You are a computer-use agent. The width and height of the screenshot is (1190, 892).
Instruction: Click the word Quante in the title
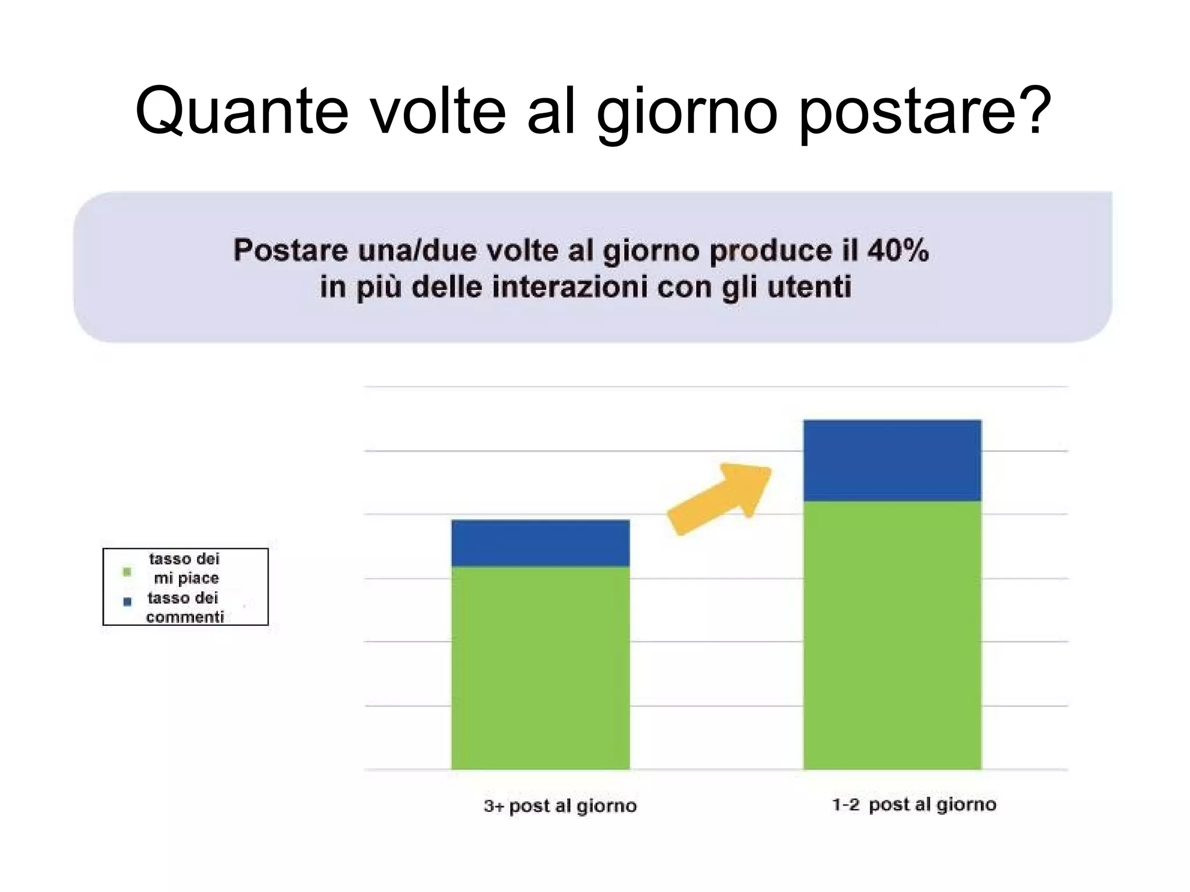coord(242,110)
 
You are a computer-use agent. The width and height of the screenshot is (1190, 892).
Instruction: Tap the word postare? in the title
coord(924,110)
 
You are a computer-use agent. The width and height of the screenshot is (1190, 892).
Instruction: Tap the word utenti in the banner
coord(809,287)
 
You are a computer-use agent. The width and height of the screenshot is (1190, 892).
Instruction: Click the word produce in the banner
coord(771,250)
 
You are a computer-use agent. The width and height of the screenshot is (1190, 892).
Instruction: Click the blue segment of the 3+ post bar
coord(540,543)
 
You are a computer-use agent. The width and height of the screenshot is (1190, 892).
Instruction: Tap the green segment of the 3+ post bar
coord(540,668)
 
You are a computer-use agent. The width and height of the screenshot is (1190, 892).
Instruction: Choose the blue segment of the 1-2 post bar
coord(892,460)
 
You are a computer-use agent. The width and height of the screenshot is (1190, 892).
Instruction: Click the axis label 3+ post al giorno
coord(560,806)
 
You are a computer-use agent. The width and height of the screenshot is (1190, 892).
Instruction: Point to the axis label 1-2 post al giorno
coord(914,805)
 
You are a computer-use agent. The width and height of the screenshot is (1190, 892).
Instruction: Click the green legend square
coord(127,572)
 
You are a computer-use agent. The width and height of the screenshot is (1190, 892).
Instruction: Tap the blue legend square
coord(128,601)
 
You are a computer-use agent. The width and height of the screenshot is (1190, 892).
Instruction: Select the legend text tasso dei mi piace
coord(185,568)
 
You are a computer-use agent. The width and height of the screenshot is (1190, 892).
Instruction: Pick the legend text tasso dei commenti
coord(184,607)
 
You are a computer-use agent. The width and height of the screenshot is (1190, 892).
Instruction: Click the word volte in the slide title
coord(438,110)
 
